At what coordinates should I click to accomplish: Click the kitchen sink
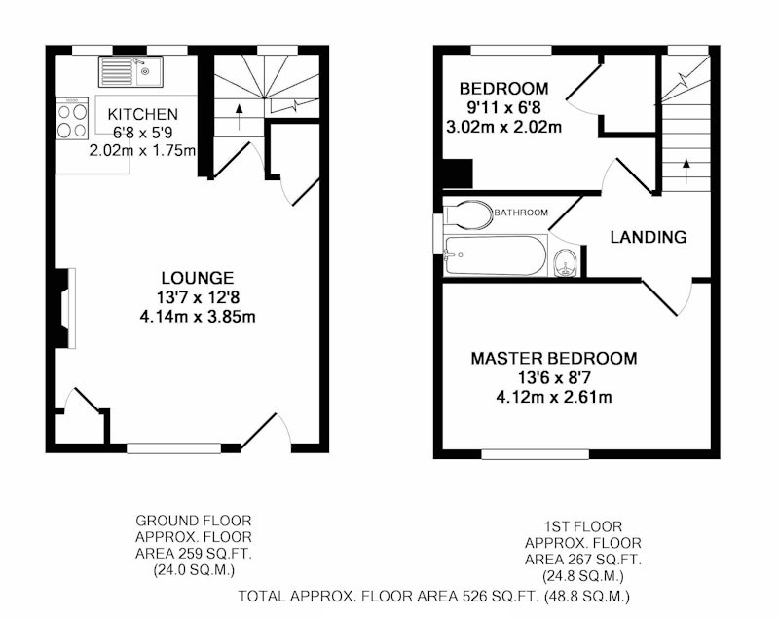click(130, 71)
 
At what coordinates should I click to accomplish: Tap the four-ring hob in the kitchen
click(72, 118)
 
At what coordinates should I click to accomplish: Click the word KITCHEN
click(142, 114)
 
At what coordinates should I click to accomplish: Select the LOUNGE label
click(198, 278)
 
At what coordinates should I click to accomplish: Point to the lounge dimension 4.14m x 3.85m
click(198, 316)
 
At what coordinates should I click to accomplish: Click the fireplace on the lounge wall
click(65, 308)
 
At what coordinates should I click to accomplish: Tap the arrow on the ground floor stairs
click(239, 116)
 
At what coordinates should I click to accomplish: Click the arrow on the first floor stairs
click(686, 171)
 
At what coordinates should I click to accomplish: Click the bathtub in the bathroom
click(496, 255)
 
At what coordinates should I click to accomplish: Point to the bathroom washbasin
click(566, 262)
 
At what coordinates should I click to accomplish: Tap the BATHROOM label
click(521, 213)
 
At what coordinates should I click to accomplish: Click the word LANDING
click(649, 237)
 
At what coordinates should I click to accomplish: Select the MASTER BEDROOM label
click(554, 358)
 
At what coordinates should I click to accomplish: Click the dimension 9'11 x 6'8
click(503, 107)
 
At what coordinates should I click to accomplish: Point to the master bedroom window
click(535, 454)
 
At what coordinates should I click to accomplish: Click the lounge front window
click(173, 448)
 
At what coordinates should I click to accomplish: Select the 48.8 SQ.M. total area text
click(587, 596)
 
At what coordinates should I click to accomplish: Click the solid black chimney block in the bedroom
click(458, 174)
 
